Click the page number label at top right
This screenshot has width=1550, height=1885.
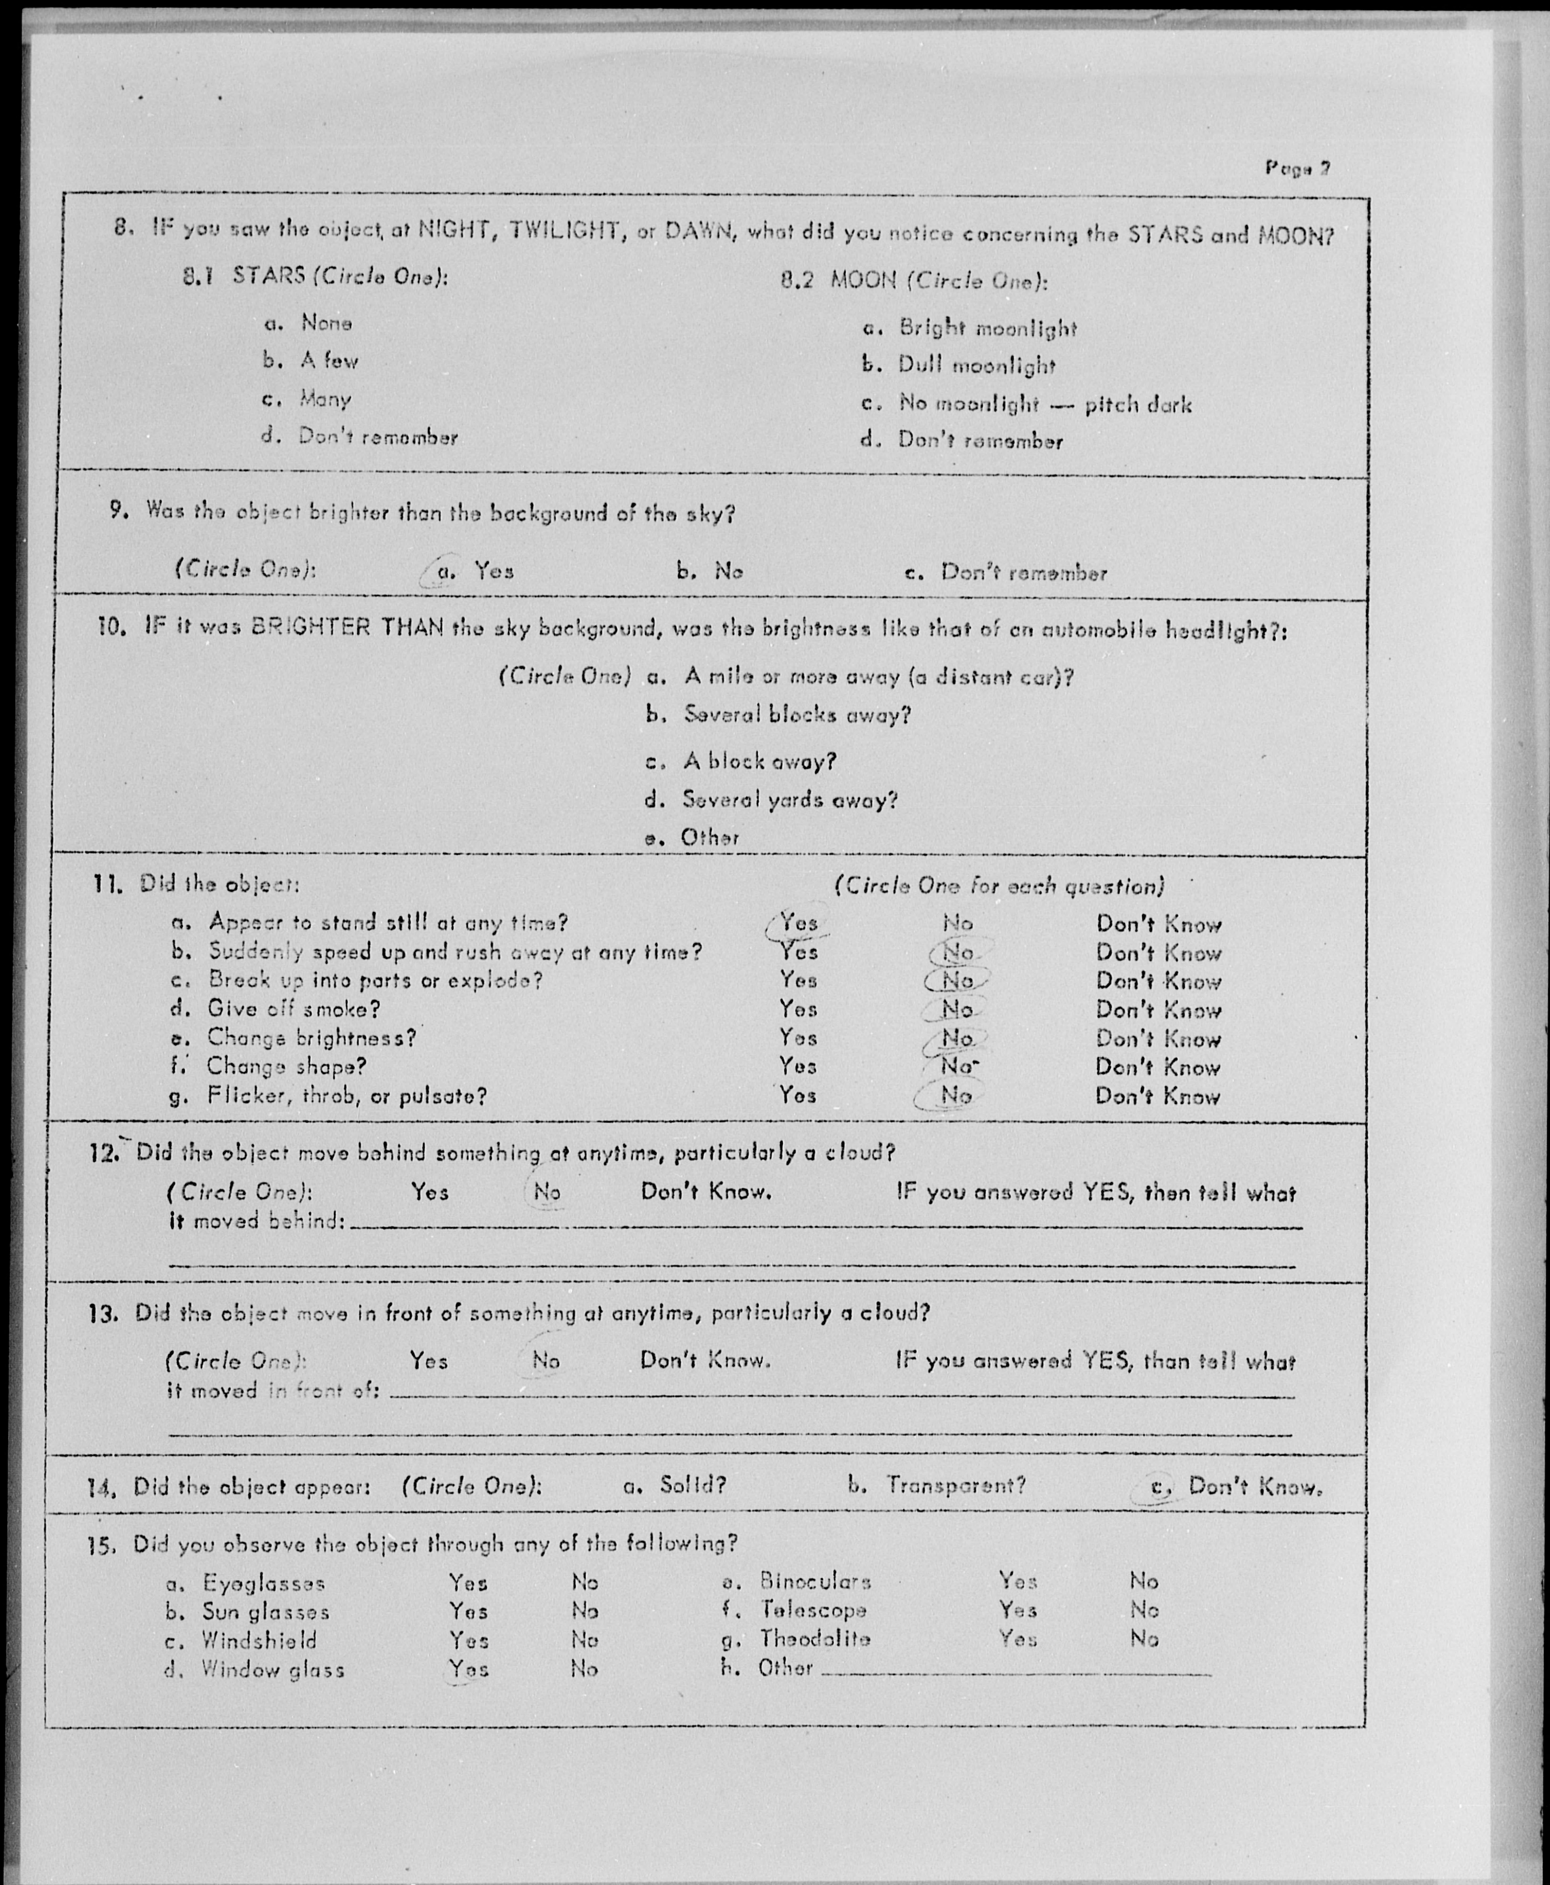pos(1298,168)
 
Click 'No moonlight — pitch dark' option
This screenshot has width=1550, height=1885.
pos(1045,404)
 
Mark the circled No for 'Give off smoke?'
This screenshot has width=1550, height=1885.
pos(957,1009)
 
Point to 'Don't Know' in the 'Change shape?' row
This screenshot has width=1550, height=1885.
pos(1157,1068)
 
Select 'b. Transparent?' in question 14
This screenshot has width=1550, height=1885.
pos(937,1485)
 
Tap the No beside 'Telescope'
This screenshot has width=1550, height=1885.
pos(1144,1610)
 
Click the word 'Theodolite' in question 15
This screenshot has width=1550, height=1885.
pos(815,1639)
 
